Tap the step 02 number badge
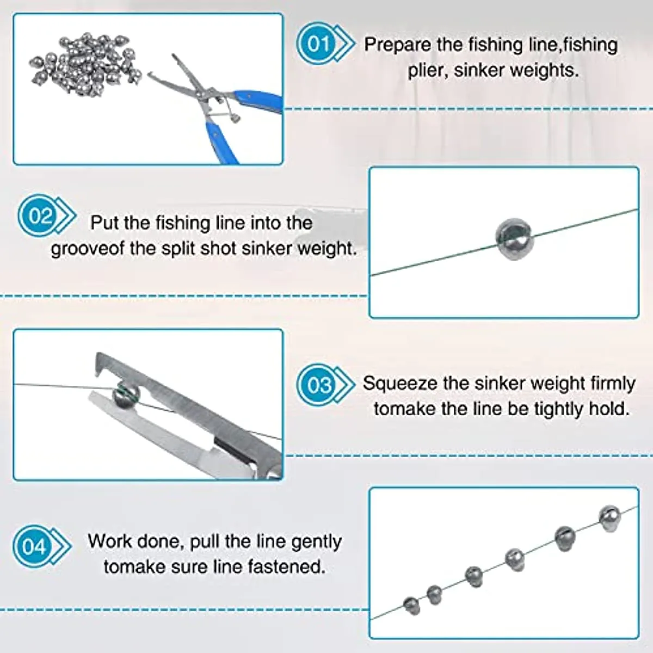pyautogui.click(x=40, y=217)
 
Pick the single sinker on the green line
pyautogui.click(x=513, y=238)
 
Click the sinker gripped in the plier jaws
pyautogui.click(x=126, y=394)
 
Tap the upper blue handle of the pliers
pyautogui.click(x=260, y=101)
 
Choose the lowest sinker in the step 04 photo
pyautogui.click(x=411, y=605)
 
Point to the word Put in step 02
pyautogui.click(x=104, y=223)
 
